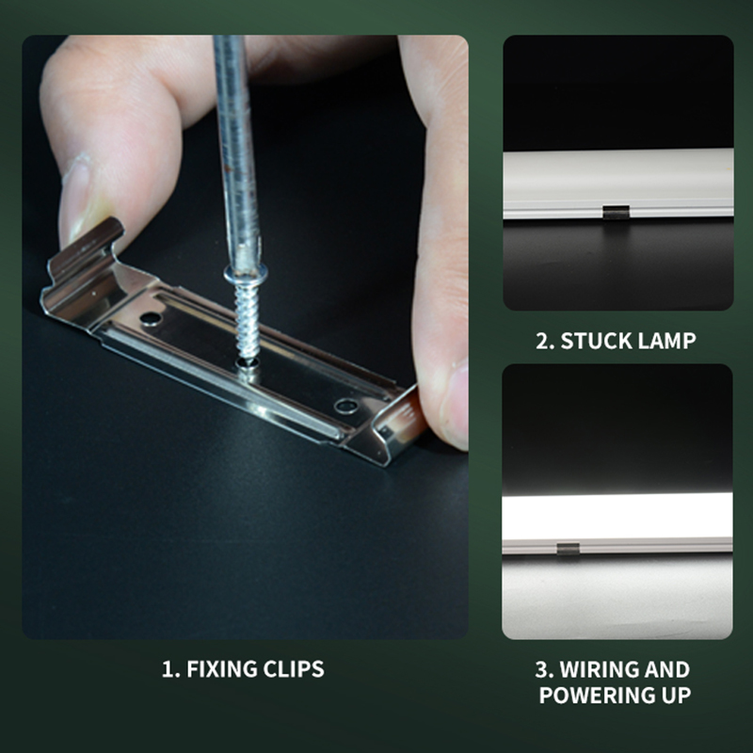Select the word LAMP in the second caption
(x=662, y=341)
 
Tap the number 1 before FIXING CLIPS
(x=169, y=669)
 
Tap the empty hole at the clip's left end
(x=152, y=318)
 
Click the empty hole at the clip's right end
(x=346, y=406)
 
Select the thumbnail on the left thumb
(x=76, y=197)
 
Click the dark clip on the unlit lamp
(x=616, y=213)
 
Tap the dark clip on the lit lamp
(x=568, y=549)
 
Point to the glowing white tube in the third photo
(x=617, y=516)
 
